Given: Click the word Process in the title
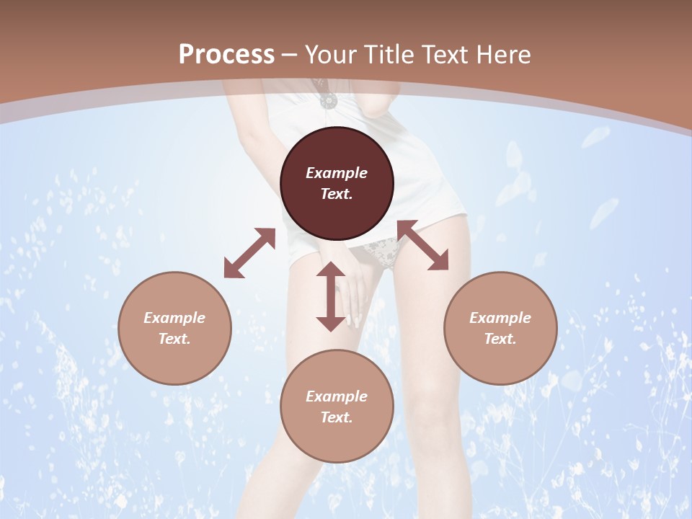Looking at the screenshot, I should pyautogui.click(x=226, y=55).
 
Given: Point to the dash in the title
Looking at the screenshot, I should pyautogui.click(x=290, y=56).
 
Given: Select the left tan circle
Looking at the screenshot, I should pyautogui.click(x=174, y=328).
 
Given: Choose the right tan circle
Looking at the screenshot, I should pyautogui.click(x=500, y=328).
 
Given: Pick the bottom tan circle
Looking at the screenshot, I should pyautogui.click(x=337, y=407).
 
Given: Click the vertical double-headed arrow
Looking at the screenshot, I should pyautogui.click(x=331, y=296).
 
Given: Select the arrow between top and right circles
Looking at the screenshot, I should pyautogui.click(x=422, y=245).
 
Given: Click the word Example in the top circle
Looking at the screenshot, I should pyautogui.click(x=337, y=173).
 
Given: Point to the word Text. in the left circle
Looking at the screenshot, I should pyautogui.click(x=174, y=339).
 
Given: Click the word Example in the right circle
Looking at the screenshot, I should pyautogui.click(x=500, y=318).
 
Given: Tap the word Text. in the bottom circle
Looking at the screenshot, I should pyautogui.click(x=337, y=417).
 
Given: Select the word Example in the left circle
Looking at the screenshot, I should pyautogui.click(x=174, y=318).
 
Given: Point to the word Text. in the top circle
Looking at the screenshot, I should pyautogui.click(x=337, y=194).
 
